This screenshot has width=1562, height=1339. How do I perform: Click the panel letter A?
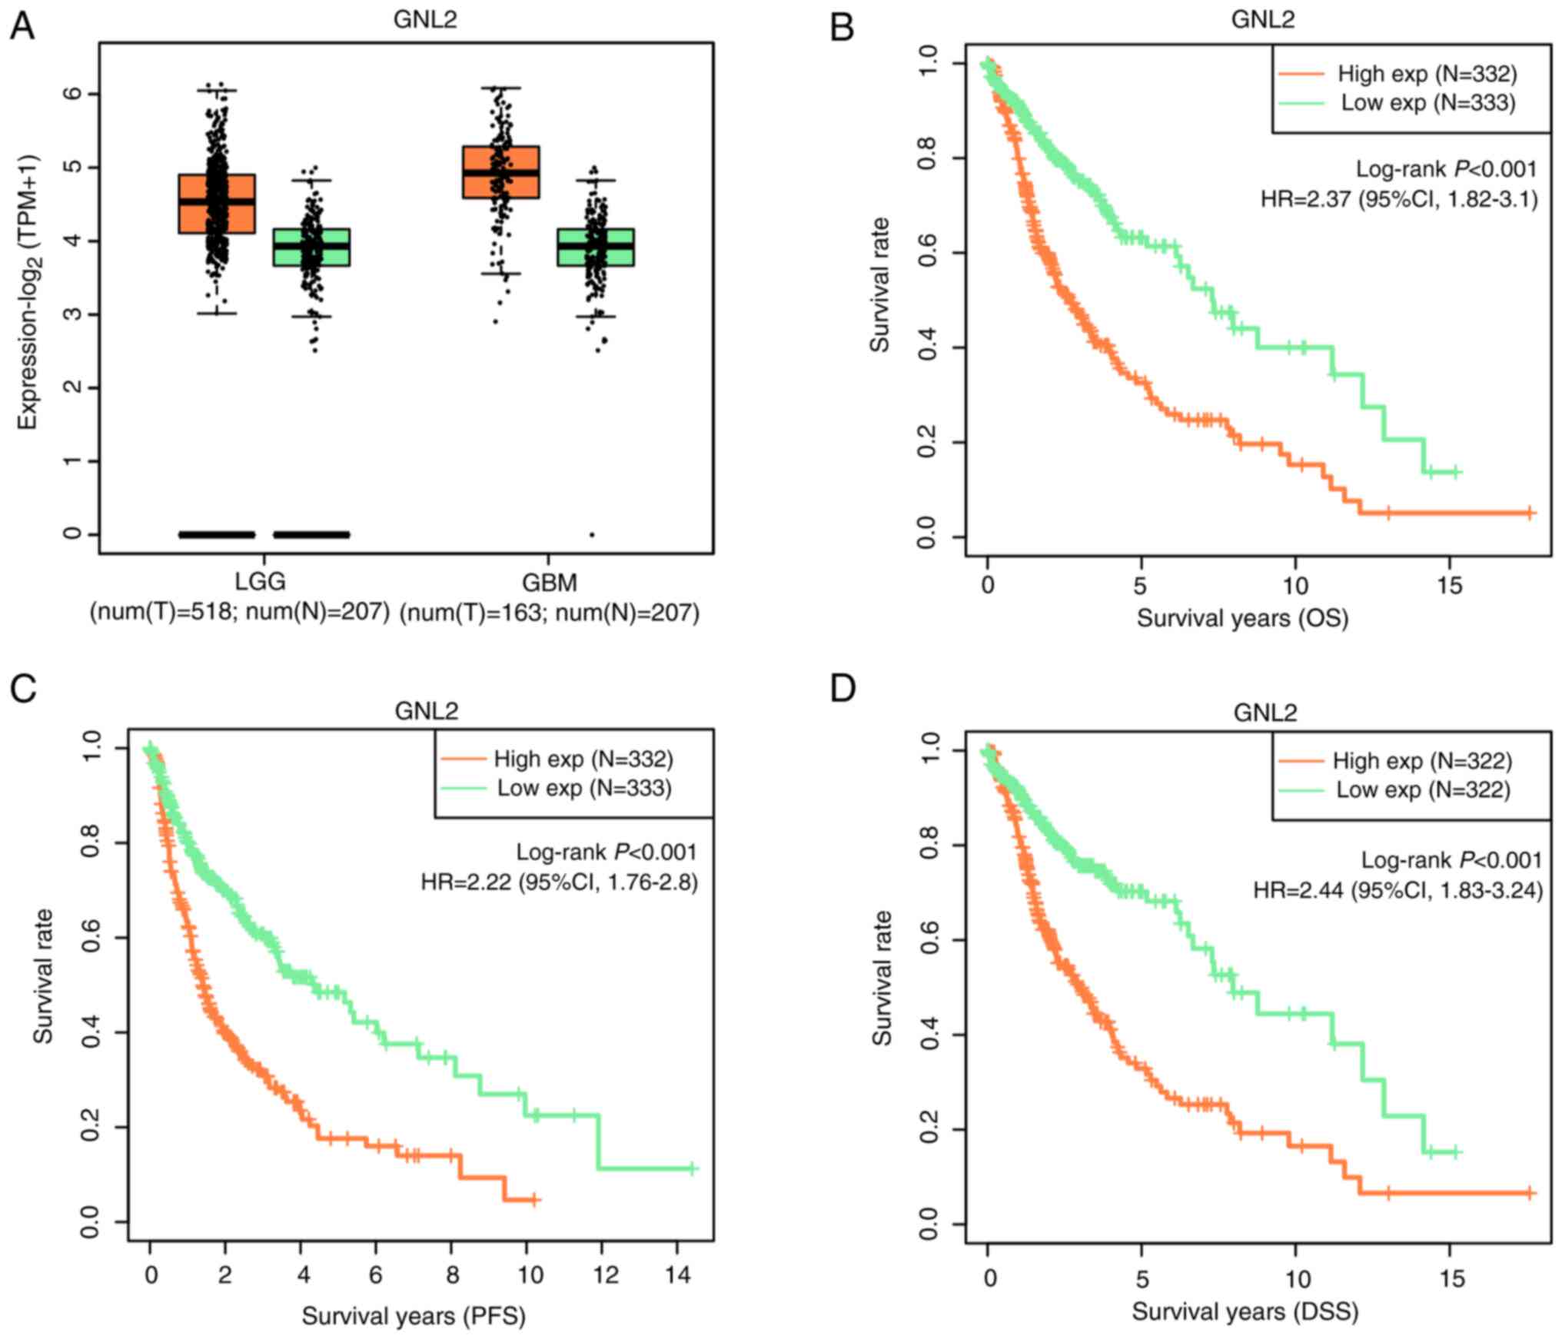[x=22, y=28]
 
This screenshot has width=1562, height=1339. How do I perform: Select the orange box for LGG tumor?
[x=217, y=204]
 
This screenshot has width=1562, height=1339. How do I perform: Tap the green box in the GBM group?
[x=596, y=247]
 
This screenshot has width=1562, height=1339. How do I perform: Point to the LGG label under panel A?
[x=261, y=582]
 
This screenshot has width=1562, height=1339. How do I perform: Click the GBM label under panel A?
[x=549, y=583]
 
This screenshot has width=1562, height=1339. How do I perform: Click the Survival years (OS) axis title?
[x=1243, y=618]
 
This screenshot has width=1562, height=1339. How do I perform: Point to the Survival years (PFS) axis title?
[x=414, y=1316]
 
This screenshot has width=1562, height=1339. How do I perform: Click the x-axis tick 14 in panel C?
[x=677, y=1275]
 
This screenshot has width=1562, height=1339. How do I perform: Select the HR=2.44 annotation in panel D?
[x=1398, y=890]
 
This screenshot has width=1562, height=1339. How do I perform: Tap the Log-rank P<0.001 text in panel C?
[x=607, y=852]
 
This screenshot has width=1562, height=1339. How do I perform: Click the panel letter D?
[x=843, y=689]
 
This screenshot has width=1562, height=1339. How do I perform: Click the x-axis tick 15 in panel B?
[x=1450, y=586]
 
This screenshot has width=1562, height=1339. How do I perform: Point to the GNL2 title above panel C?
[x=427, y=710]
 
